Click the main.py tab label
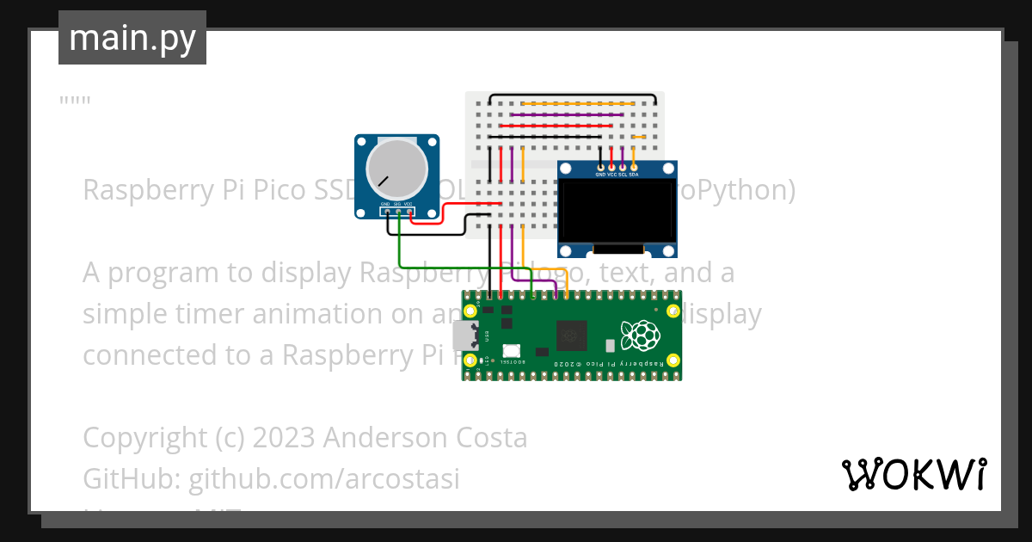tap(132, 38)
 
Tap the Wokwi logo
tap(913, 474)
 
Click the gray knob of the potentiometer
tap(396, 169)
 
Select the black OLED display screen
tap(616, 211)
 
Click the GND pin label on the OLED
tap(600, 175)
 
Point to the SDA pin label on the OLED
tap(634, 175)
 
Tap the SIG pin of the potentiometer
tap(398, 211)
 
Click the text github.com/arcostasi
tap(324, 478)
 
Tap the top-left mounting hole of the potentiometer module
tap(363, 142)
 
